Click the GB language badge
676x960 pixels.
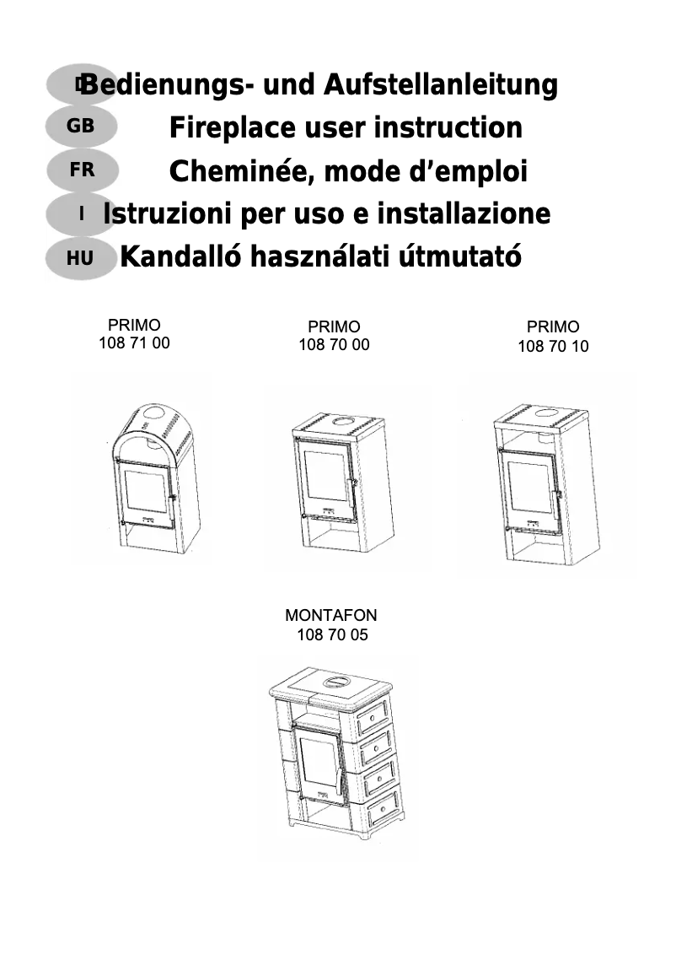[x=81, y=127]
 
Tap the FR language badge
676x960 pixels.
[x=82, y=170]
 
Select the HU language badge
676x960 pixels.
[x=80, y=258]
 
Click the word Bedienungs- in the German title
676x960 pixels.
[x=164, y=84]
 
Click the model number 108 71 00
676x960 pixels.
[x=135, y=342]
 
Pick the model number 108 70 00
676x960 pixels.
[x=334, y=345]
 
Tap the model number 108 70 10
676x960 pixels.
[x=553, y=347]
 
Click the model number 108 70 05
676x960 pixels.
[x=332, y=635]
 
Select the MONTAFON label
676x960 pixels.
[x=331, y=615]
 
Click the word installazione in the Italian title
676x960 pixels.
[x=464, y=213]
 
